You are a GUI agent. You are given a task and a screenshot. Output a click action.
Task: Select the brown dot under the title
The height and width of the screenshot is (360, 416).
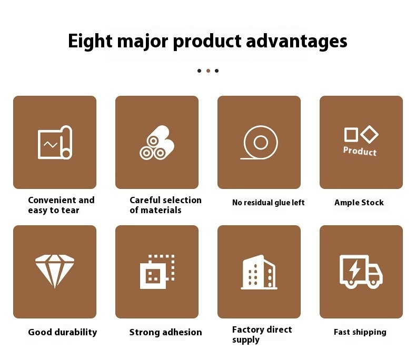pos(208,71)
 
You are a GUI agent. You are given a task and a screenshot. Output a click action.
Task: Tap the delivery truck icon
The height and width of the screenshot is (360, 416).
pos(361,272)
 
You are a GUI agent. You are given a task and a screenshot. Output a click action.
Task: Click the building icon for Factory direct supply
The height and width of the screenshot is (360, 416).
pos(259,272)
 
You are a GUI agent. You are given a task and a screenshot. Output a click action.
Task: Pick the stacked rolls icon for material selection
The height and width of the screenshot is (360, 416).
pos(157,142)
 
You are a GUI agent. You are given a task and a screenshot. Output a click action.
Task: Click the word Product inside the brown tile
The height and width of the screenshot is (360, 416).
pos(360,152)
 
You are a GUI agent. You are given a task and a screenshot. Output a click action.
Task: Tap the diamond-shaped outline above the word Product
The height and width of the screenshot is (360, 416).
pos(370,134)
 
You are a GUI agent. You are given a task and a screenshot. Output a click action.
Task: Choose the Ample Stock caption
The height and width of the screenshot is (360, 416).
pos(359,203)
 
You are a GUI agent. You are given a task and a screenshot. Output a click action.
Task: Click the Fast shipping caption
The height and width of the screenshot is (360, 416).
pos(360,332)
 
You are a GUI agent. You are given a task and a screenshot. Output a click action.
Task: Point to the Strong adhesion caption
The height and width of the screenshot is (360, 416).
pos(166,332)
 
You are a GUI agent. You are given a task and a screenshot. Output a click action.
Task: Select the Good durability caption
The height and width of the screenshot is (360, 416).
pos(63,332)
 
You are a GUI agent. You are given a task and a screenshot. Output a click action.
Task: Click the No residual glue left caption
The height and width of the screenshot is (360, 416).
pos(269,203)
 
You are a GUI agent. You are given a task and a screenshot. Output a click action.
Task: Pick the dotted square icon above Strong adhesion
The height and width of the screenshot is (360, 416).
pos(157,272)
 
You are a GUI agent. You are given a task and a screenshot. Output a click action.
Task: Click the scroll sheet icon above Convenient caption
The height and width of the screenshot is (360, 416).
pos(55,142)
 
